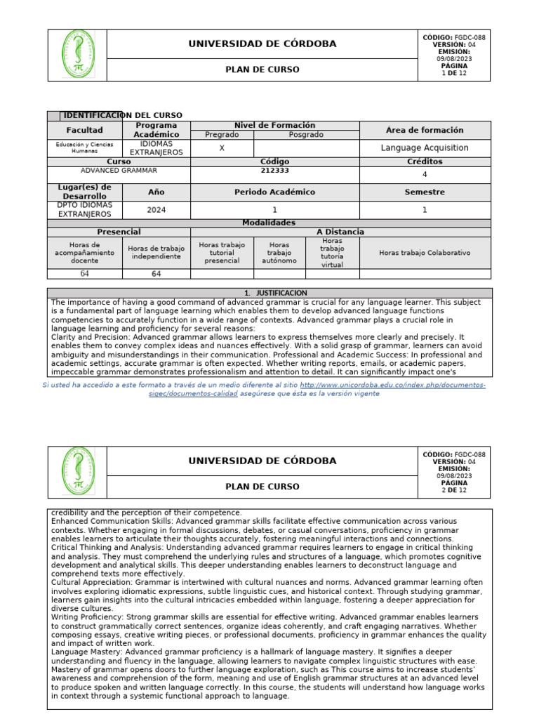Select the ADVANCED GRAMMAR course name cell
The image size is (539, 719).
tap(119, 171)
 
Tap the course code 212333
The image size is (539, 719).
tap(274, 170)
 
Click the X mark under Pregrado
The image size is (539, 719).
tap(222, 148)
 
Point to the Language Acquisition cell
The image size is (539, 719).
tap(425, 148)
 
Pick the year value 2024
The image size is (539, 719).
tap(157, 209)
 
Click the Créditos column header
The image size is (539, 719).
tap(425, 161)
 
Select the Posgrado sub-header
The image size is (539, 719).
tap(306, 134)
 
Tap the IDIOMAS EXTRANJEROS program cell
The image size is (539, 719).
tap(157, 147)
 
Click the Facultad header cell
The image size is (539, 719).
tap(84, 130)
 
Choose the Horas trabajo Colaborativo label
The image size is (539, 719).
tap(425, 253)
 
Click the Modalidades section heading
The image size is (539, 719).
tap(269, 223)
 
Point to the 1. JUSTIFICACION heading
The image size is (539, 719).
tap(269, 293)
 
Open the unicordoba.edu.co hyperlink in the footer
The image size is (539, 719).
tap(392, 385)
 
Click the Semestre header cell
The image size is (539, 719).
tap(425, 192)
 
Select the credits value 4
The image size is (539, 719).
tap(425, 175)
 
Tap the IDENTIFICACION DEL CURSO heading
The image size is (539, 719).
tap(123, 115)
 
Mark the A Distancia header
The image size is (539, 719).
tap(340, 232)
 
